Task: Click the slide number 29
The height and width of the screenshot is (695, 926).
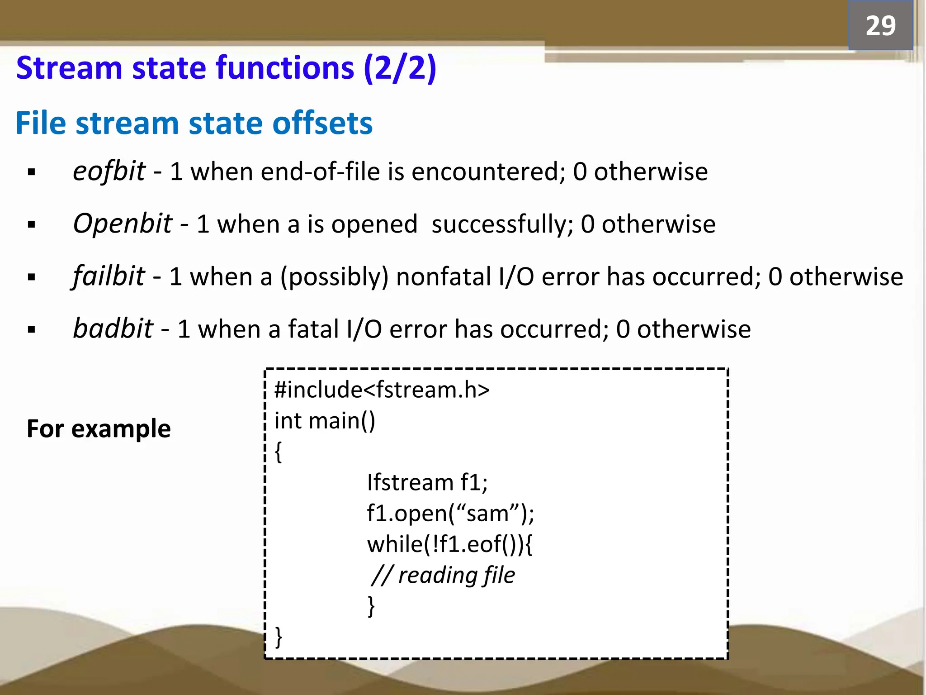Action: (x=880, y=26)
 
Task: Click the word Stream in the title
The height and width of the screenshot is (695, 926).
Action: (x=69, y=68)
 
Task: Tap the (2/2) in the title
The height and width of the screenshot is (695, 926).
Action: (x=400, y=68)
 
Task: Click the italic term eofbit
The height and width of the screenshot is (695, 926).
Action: (x=109, y=171)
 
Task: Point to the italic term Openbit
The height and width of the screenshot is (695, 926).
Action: (x=123, y=224)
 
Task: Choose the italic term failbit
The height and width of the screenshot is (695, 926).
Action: (x=109, y=276)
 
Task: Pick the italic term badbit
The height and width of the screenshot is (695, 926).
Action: (x=113, y=328)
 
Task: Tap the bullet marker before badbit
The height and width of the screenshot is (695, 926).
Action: (x=31, y=330)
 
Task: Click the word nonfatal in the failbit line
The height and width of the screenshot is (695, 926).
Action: (x=443, y=276)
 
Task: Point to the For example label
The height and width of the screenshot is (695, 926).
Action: (x=99, y=428)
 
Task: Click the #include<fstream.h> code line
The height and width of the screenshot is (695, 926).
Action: (x=382, y=390)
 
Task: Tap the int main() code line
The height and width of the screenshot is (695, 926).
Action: (x=325, y=421)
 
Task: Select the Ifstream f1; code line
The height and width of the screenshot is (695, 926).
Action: (x=427, y=482)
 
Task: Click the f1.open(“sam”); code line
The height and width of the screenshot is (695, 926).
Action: (x=450, y=514)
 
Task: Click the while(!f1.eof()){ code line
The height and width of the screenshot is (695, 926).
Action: (x=450, y=544)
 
